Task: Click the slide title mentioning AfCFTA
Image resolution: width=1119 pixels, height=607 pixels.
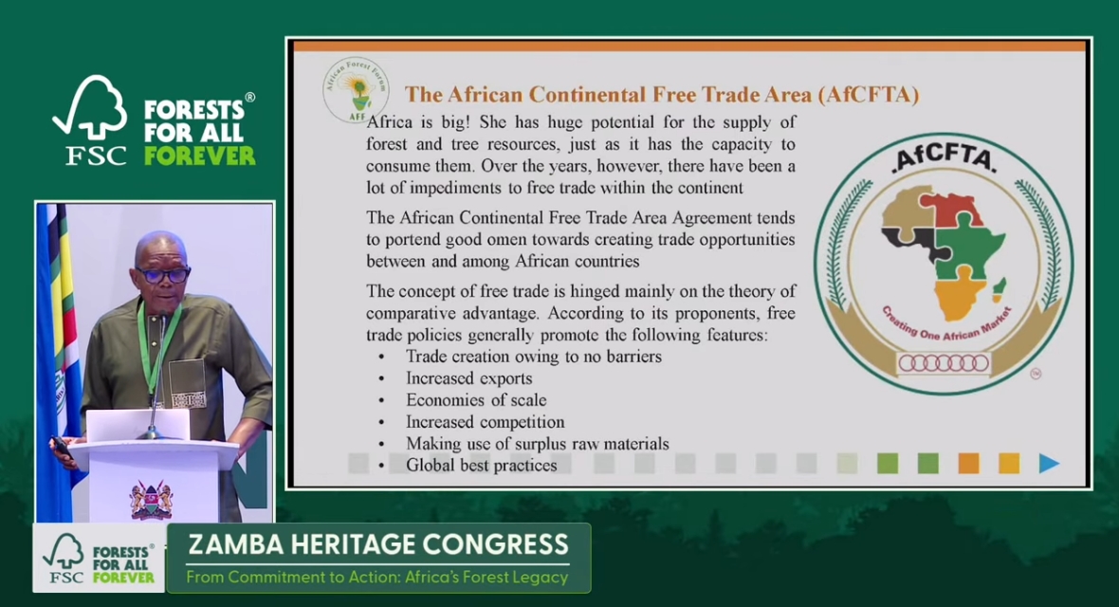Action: [x=662, y=94]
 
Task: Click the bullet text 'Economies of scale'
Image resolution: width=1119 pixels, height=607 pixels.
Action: [x=476, y=400]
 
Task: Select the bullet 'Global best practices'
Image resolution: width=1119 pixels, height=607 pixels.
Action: [x=482, y=465]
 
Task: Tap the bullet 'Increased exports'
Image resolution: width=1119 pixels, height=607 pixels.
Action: [x=468, y=377]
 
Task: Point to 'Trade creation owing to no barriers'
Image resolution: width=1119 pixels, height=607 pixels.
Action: [x=534, y=357]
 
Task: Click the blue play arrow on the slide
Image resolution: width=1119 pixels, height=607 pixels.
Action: [x=1048, y=464]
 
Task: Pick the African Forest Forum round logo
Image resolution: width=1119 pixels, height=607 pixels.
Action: [x=357, y=90]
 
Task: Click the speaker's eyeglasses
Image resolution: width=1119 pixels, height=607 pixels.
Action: [x=163, y=273]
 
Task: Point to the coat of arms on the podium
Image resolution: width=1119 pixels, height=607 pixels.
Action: [x=152, y=499]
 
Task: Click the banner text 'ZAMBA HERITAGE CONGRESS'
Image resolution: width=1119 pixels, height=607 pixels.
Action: [x=378, y=544]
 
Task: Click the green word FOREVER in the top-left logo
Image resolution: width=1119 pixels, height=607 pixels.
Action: [x=200, y=156]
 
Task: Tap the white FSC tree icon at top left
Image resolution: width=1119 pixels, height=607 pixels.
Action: [x=91, y=108]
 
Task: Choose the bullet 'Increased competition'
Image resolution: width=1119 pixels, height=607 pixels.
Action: [x=486, y=421]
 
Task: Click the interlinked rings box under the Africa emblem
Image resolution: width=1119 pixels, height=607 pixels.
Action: [x=944, y=363]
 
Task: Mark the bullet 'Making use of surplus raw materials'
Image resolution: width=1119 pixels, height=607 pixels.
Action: [x=538, y=444]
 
